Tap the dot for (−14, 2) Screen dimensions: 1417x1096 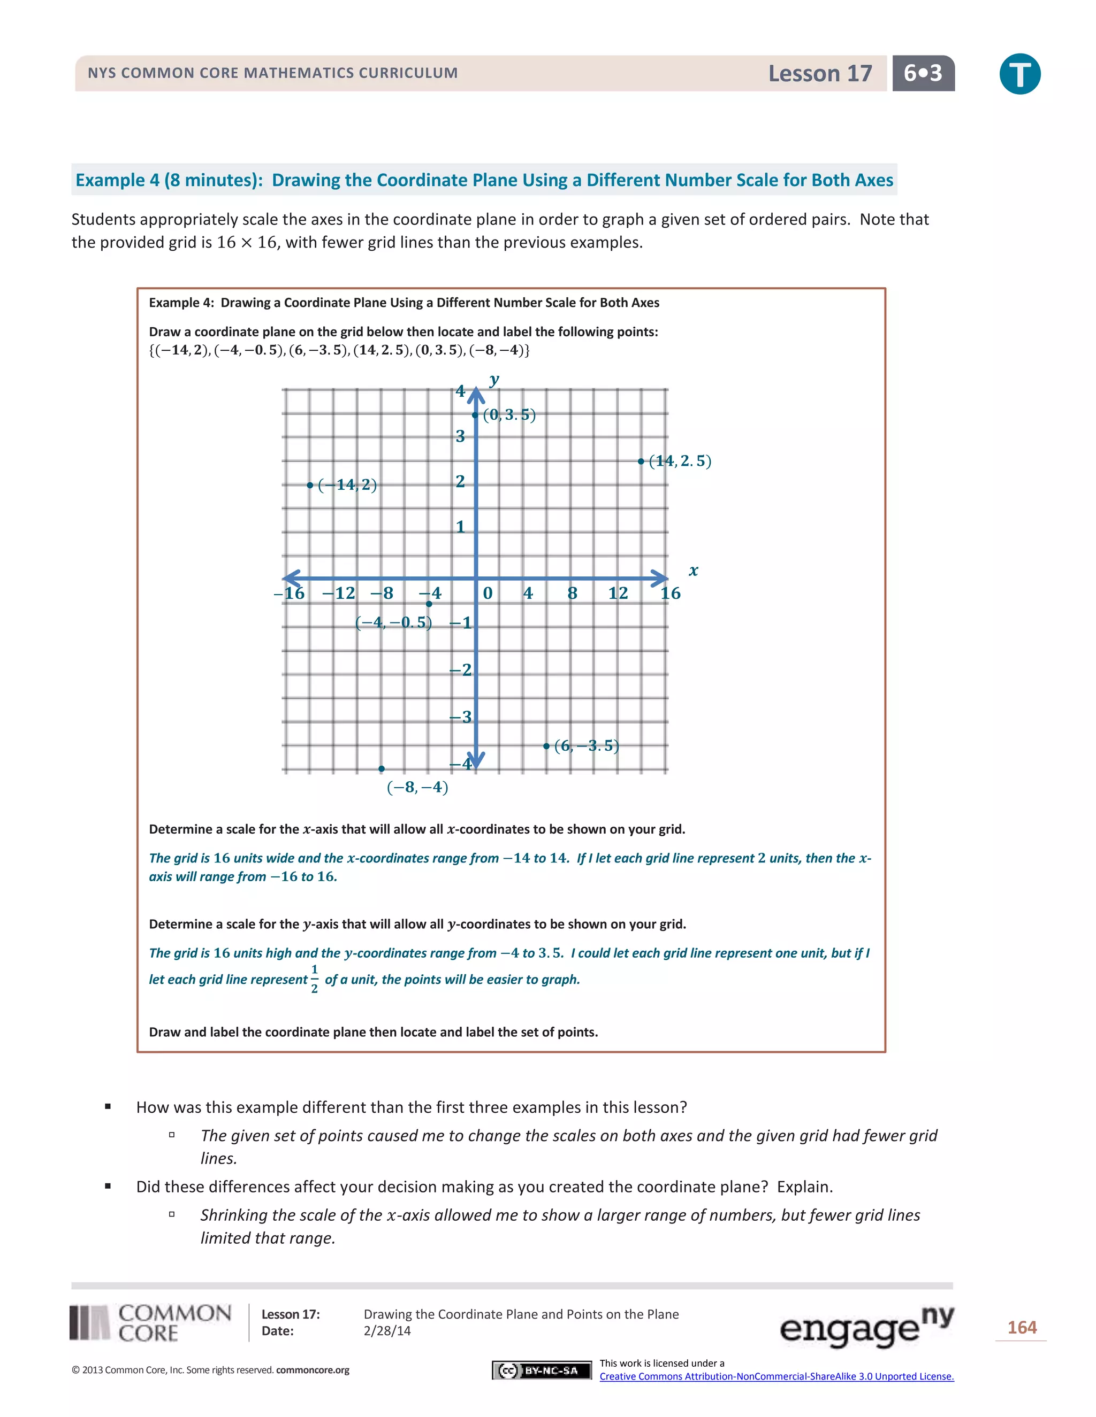[x=310, y=486]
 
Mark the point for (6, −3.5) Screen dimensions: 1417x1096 [x=546, y=746]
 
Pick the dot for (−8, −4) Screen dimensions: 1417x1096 [x=381, y=769]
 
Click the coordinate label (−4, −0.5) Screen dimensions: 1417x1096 [x=393, y=622]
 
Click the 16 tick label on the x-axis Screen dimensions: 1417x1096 [x=670, y=593]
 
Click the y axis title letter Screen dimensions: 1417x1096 [x=495, y=380]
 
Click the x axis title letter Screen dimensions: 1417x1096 [x=694, y=571]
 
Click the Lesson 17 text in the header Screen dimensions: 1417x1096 [x=819, y=73]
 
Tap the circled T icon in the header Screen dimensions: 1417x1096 [x=1019, y=74]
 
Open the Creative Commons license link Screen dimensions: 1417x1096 [x=776, y=1376]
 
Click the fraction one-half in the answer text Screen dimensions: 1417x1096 [x=314, y=979]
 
